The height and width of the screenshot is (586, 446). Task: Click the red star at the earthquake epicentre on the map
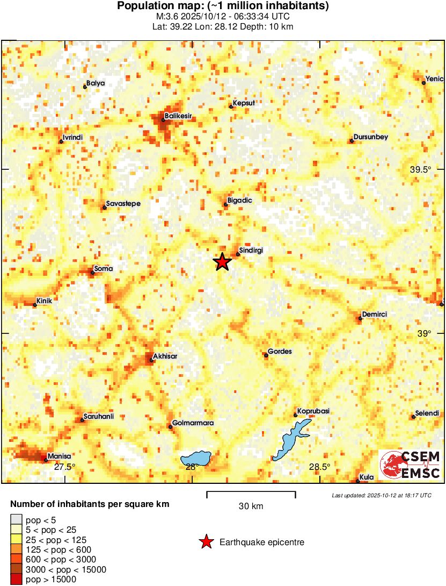[x=222, y=262]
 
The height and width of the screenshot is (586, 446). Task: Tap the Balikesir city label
[x=179, y=116]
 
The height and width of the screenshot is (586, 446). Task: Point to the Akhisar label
[x=165, y=356]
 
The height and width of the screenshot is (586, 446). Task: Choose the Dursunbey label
[x=371, y=137]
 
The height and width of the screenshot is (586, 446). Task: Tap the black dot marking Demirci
[x=360, y=318]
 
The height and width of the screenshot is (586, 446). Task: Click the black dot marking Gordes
[x=266, y=355]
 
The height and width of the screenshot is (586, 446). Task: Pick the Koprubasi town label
[x=313, y=411]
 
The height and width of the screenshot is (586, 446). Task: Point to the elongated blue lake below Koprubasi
[x=290, y=439]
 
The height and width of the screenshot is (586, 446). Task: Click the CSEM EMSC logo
[x=410, y=465]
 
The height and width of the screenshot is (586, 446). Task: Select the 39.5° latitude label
[x=421, y=169]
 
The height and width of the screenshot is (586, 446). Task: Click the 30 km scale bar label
[x=251, y=506]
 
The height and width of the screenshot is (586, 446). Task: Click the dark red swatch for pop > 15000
[x=17, y=579]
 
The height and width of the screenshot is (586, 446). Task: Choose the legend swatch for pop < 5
[x=17, y=519]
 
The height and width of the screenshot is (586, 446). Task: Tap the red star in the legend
[x=206, y=542]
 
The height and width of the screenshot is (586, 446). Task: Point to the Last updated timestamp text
[x=381, y=495]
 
